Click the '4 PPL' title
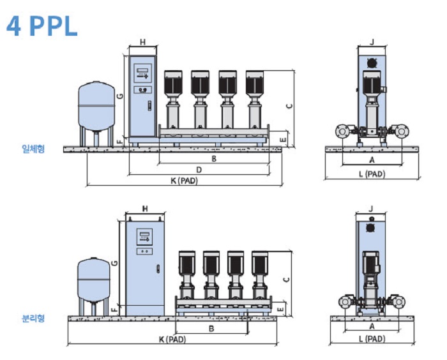[42, 26]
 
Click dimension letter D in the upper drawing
[199, 170]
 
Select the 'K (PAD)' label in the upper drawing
[183, 181]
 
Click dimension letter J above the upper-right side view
[372, 42]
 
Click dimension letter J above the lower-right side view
[372, 209]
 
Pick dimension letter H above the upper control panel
[142, 42]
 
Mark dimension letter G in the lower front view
[114, 262]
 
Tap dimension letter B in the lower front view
[211, 328]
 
